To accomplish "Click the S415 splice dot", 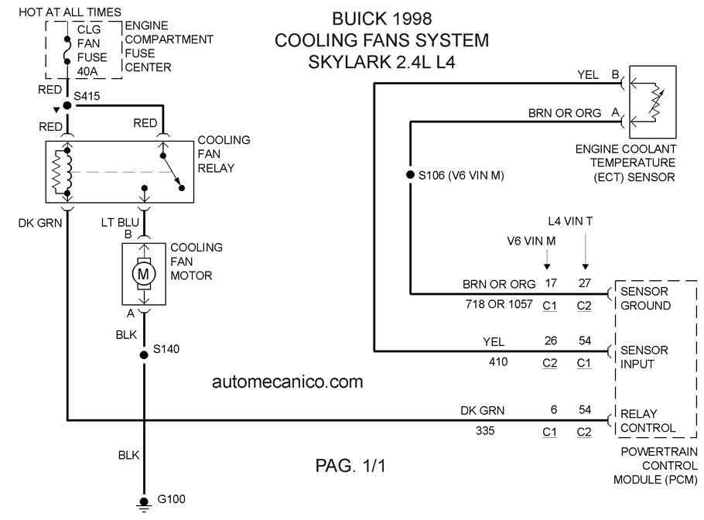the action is click(67, 105).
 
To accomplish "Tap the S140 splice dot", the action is click(144, 354).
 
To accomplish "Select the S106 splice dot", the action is click(410, 175).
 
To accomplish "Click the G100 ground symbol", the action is click(144, 505).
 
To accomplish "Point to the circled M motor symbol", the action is click(143, 273).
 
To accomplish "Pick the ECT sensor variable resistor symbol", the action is click(656, 102).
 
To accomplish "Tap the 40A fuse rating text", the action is click(87, 71).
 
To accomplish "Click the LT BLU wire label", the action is click(120, 222).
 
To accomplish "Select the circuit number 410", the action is click(498, 361).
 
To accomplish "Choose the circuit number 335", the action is click(485, 431).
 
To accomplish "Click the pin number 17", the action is click(551, 283).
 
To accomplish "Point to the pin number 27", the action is click(585, 283).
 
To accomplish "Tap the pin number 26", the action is click(551, 340).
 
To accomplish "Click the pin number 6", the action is click(554, 409).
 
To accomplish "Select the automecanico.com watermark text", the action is click(287, 381).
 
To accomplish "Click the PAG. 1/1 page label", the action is click(350, 466).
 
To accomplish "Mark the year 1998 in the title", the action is click(412, 19).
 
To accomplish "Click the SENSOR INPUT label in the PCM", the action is click(644, 357).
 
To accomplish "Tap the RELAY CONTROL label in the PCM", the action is click(648, 421).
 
